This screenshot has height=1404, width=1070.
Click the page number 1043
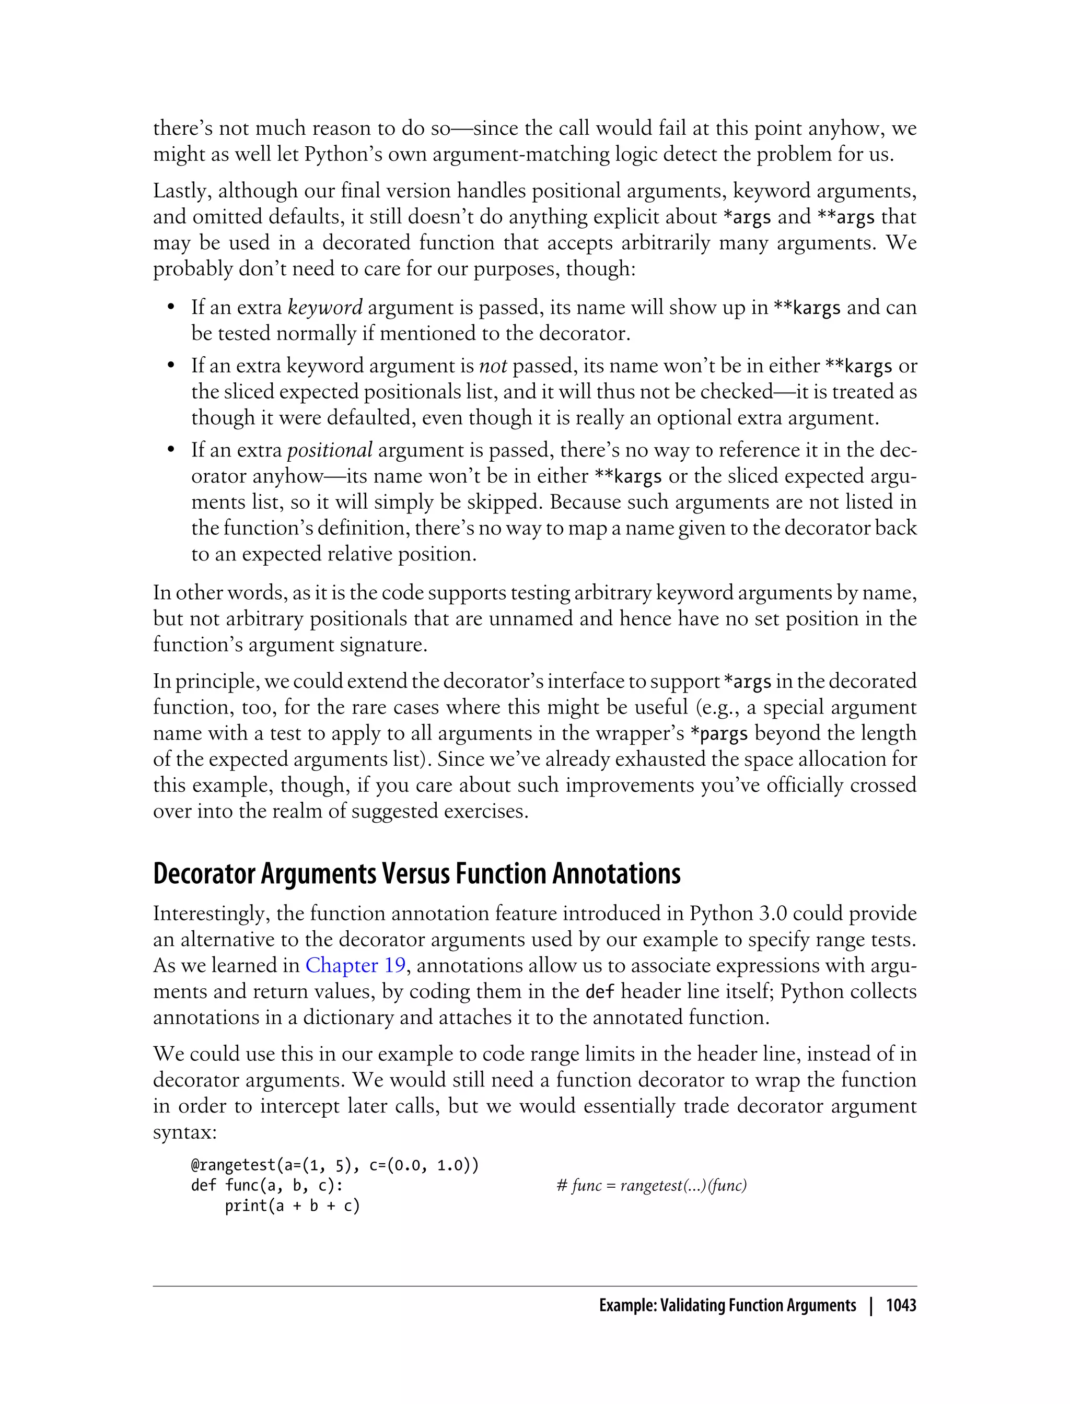[901, 1305]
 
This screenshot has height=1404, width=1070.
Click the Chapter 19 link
[355, 965]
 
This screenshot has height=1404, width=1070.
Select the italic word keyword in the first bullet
[325, 308]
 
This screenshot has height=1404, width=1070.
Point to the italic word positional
[329, 450]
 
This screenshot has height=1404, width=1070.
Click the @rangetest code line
[334, 1165]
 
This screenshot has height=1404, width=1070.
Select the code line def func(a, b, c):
[267, 1186]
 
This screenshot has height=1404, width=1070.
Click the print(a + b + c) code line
[293, 1206]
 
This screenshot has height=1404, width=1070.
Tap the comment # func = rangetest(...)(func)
[651, 1186]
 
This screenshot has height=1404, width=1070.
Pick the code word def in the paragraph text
[599, 991]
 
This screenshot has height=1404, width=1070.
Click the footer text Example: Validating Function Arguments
[727, 1305]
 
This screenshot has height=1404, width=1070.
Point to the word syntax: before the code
[185, 1133]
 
